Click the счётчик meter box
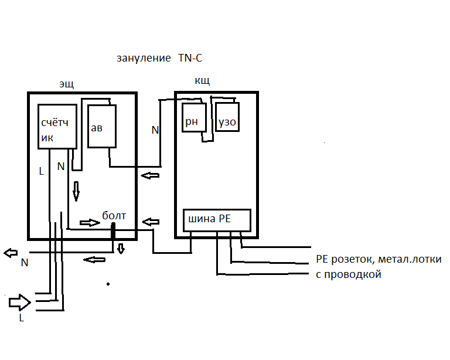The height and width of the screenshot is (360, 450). [58, 127]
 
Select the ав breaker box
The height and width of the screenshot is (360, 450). [101, 127]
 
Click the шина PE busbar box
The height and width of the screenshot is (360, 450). [217, 220]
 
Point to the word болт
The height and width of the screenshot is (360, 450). [114, 216]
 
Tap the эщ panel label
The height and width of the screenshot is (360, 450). [66, 84]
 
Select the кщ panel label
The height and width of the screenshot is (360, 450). [202, 80]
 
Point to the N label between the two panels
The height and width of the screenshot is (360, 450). [155, 130]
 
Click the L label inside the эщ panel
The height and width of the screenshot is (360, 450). [41, 172]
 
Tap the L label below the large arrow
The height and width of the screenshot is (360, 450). [22, 318]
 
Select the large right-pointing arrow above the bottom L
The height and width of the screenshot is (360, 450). [19, 303]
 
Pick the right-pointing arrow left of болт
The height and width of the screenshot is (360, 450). [89, 223]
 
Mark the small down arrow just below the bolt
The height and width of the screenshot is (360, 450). [121, 248]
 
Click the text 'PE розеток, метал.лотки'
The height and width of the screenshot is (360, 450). [379, 259]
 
